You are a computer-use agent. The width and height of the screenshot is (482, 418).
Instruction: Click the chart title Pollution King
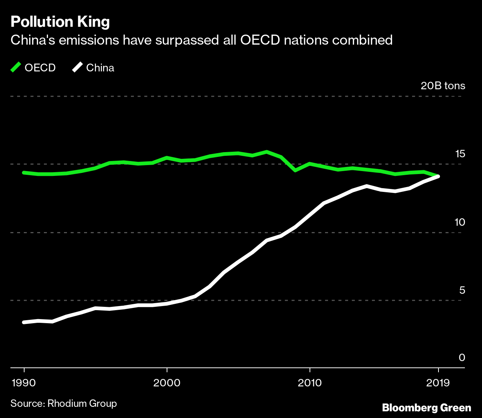click(x=60, y=22)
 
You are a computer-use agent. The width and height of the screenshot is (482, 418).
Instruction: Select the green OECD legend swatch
click(x=16, y=68)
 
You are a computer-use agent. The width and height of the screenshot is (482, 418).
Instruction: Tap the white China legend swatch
click(x=78, y=68)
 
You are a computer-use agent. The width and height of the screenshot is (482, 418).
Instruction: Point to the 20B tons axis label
click(x=443, y=86)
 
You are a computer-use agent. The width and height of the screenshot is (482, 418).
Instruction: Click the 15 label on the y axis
click(x=460, y=154)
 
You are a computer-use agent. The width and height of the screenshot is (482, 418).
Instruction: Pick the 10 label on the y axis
click(x=460, y=222)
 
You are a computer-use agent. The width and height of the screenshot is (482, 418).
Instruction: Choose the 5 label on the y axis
click(x=462, y=290)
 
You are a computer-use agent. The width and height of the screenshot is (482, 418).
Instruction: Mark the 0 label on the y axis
click(x=462, y=357)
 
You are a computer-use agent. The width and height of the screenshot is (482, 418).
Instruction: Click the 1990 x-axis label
click(x=24, y=383)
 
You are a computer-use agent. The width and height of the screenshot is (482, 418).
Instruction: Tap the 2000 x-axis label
click(x=167, y=383)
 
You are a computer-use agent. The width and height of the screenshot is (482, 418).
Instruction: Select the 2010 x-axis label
click(x=309, y=383)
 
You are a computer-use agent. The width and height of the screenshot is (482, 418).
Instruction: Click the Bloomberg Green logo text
click(x=427, y=408)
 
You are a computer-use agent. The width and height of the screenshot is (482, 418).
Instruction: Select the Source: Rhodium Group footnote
click(x=64, y=403)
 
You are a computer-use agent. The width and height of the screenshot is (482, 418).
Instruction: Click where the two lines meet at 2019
click(x=438, y=176)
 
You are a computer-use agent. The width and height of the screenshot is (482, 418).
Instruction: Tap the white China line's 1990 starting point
click(x=24, y=322)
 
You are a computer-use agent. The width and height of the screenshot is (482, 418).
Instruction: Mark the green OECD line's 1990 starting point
click(x=24, y=173)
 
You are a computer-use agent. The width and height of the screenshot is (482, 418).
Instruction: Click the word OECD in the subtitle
click(x=260, y=40)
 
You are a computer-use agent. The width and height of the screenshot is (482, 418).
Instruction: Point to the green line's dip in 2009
click(x=295, y=170)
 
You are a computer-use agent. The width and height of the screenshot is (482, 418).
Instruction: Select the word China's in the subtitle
click(x=33, y=40)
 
